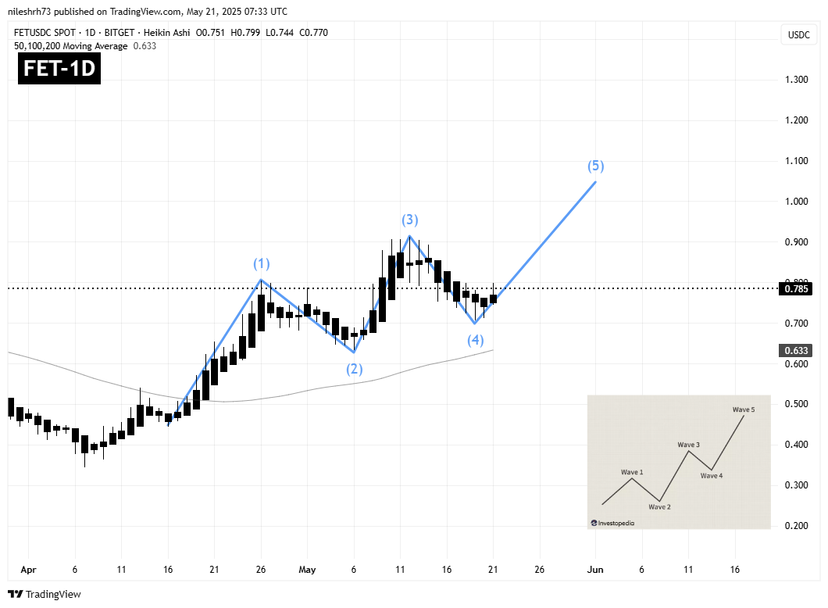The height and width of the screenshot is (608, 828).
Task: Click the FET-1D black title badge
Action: [59, 69]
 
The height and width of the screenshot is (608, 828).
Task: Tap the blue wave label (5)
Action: [596, 166]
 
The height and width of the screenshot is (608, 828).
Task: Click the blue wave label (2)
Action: [355, 368]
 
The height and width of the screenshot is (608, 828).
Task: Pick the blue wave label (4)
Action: [476, 340]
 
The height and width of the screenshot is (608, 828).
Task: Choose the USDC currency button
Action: [798, 34]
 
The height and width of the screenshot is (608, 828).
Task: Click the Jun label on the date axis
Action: [595, 570]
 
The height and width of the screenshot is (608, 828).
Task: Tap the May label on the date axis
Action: [307, 570]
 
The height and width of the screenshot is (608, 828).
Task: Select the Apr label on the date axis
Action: [28, 570]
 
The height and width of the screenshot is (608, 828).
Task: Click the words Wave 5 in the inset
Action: [744, 409]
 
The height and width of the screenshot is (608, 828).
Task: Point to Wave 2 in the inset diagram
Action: [659, 506]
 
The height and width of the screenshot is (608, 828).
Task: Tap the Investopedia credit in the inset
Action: [614, 523]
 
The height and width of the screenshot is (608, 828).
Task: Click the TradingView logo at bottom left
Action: [45, 594]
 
